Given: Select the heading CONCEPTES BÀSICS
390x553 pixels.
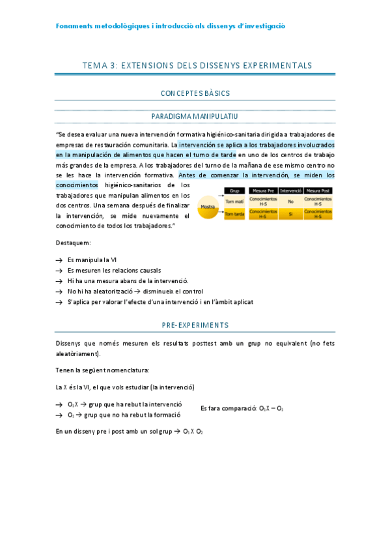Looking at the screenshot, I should tap(195, 93).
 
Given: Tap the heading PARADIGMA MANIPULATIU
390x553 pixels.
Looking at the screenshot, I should tap(195, 116).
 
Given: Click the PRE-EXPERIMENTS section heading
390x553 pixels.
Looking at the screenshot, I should tap(195, 325).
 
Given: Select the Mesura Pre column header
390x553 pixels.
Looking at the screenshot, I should tap(263, 191).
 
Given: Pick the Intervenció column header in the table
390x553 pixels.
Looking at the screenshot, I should tap(290, 191).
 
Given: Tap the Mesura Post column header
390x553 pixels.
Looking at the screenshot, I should tap(318, 191).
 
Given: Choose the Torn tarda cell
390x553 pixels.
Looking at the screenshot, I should tap(234, 214).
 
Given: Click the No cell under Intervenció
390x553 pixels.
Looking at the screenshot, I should tap(290, 202).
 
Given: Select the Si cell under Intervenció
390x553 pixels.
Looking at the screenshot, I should tap(290, 214).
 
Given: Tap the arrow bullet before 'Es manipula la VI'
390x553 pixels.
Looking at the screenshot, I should tap(59, 260).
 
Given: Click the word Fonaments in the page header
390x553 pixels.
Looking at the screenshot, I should tap(74, 25).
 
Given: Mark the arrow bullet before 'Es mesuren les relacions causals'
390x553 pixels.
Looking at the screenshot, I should tap(59, 270).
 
